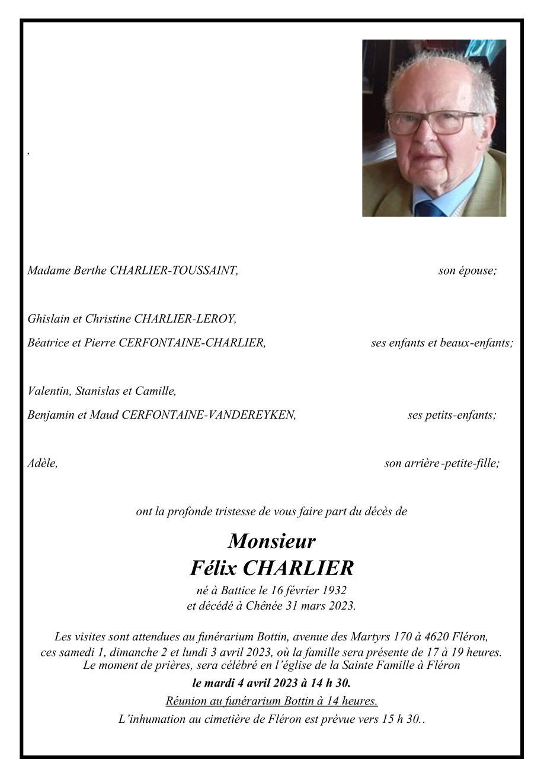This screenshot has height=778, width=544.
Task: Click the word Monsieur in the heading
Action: pos(271,541)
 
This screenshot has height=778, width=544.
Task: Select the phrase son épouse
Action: pos(467,271)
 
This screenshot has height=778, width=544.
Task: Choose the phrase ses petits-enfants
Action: pos(452,415)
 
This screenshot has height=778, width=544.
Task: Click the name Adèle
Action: pos(42,464)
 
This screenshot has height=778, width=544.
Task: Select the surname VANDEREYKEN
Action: pos(249,415)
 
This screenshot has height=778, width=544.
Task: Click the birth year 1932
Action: pos(333,591)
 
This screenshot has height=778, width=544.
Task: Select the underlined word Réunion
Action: pos(185,701)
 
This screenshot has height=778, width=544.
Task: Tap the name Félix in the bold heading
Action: pos(213,568)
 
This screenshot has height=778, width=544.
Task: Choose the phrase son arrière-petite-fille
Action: pos(441,464)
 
